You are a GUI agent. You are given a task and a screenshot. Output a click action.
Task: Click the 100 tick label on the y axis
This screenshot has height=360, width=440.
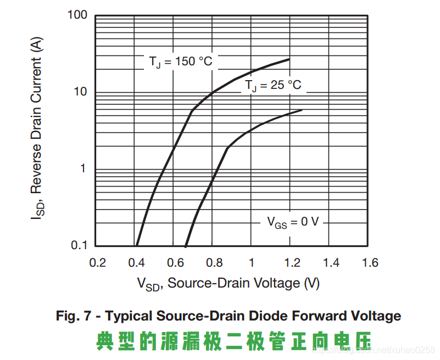77,15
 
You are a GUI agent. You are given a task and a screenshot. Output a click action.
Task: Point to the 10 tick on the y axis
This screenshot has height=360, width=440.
81,92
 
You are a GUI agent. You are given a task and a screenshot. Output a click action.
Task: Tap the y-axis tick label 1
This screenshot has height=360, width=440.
83,168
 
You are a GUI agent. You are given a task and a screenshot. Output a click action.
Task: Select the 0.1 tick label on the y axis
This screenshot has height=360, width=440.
79,245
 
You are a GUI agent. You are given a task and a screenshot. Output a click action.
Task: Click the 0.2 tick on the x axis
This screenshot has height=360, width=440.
97,262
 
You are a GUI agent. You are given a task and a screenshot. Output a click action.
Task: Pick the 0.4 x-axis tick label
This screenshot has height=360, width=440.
136,262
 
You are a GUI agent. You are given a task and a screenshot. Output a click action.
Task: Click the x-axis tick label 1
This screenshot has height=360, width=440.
251,262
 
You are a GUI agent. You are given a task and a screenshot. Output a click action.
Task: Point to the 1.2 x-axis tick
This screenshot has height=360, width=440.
290,262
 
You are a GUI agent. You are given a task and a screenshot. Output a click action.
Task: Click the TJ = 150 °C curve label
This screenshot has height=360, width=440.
180,61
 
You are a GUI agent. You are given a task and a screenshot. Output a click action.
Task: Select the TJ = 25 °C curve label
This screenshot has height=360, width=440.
273,86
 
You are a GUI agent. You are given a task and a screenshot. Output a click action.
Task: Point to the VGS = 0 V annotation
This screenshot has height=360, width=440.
293,222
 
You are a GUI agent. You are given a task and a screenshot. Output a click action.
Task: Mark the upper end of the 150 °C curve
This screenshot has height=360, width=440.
289,59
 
